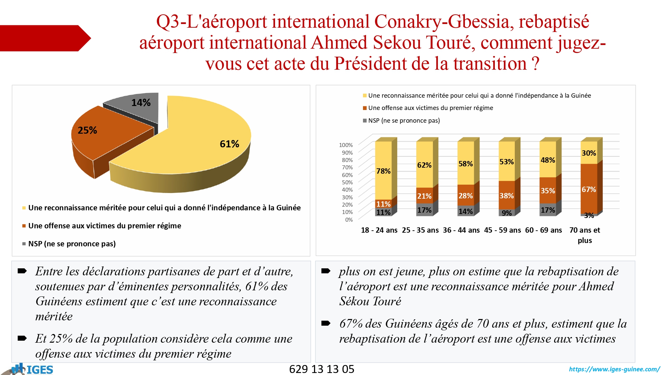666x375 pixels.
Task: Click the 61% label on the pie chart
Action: tap(229, 144)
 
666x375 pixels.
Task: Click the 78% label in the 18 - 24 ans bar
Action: tap(383, 171)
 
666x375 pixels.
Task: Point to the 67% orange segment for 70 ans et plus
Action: tap(589, 189)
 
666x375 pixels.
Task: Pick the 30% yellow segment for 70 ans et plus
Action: tap(589, 153)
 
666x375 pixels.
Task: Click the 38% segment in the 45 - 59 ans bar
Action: tap(506, 196)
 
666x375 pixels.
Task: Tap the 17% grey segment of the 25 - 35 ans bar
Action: tap(424, 210)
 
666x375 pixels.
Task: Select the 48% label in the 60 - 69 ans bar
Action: tap(548, 160)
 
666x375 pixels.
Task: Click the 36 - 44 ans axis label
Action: tap(461, 230)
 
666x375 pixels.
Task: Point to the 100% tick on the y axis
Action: tap(346, 145)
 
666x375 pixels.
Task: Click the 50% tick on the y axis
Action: tap(347, 182)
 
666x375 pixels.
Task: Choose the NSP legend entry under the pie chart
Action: tap(72, 244)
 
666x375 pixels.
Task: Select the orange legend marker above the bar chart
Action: tap(365, 108)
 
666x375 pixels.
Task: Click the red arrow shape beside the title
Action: tap(43, 38)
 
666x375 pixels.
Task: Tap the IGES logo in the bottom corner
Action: tap(33, 369)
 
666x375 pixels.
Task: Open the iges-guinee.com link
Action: tap(614, 369)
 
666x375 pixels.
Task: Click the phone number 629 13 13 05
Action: tap(322, 369)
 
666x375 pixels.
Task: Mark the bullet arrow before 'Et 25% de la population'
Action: tap(22, 338)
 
